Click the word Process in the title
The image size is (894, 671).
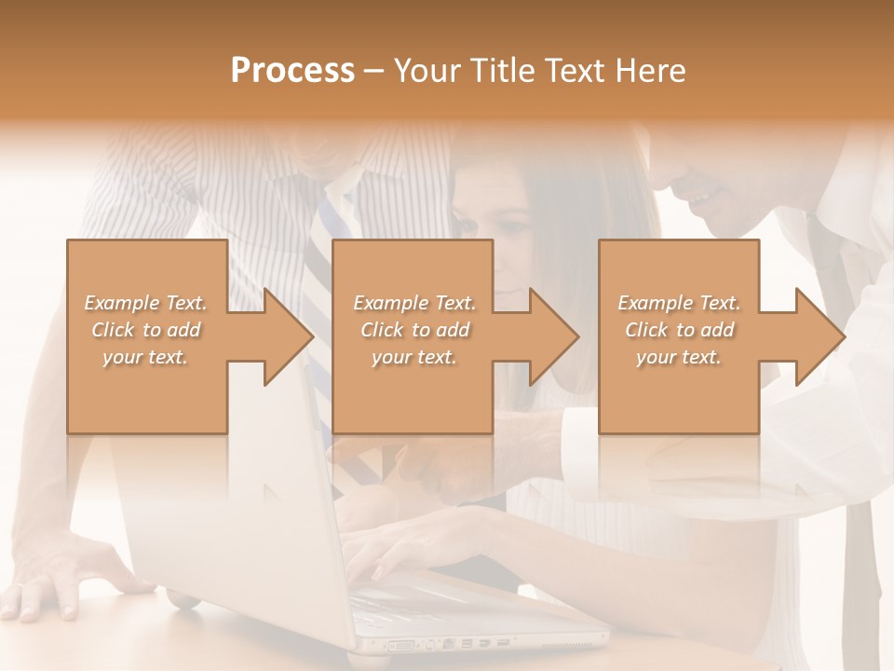point(292,70)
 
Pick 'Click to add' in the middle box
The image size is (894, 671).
point(414,330)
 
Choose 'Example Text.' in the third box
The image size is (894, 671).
point(679,303)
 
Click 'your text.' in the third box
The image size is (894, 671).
point(679,357)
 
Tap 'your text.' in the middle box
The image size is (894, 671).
point(414,357)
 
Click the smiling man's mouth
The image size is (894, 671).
point(700,199)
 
